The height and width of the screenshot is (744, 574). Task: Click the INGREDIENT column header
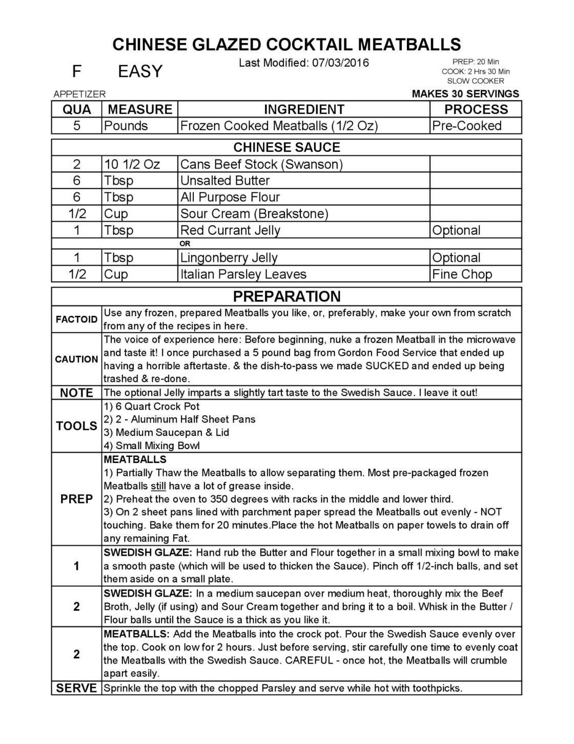(303, 109)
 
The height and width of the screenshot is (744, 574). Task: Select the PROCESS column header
(476, 109)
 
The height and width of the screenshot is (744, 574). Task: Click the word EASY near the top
(140, 71)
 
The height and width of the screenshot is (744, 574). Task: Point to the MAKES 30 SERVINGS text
(465, 94)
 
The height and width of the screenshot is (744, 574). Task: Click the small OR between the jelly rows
(185, 244)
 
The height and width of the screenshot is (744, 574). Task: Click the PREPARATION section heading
(286, 296)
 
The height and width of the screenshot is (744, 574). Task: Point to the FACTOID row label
(76, 319)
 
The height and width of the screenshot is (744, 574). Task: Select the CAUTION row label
(76, 359)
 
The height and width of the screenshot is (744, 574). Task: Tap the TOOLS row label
(76, 426)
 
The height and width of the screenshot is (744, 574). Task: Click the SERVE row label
(76, 688)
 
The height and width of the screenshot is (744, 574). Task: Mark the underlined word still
(158, 486)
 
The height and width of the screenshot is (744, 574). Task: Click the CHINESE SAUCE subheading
(286, 148)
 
